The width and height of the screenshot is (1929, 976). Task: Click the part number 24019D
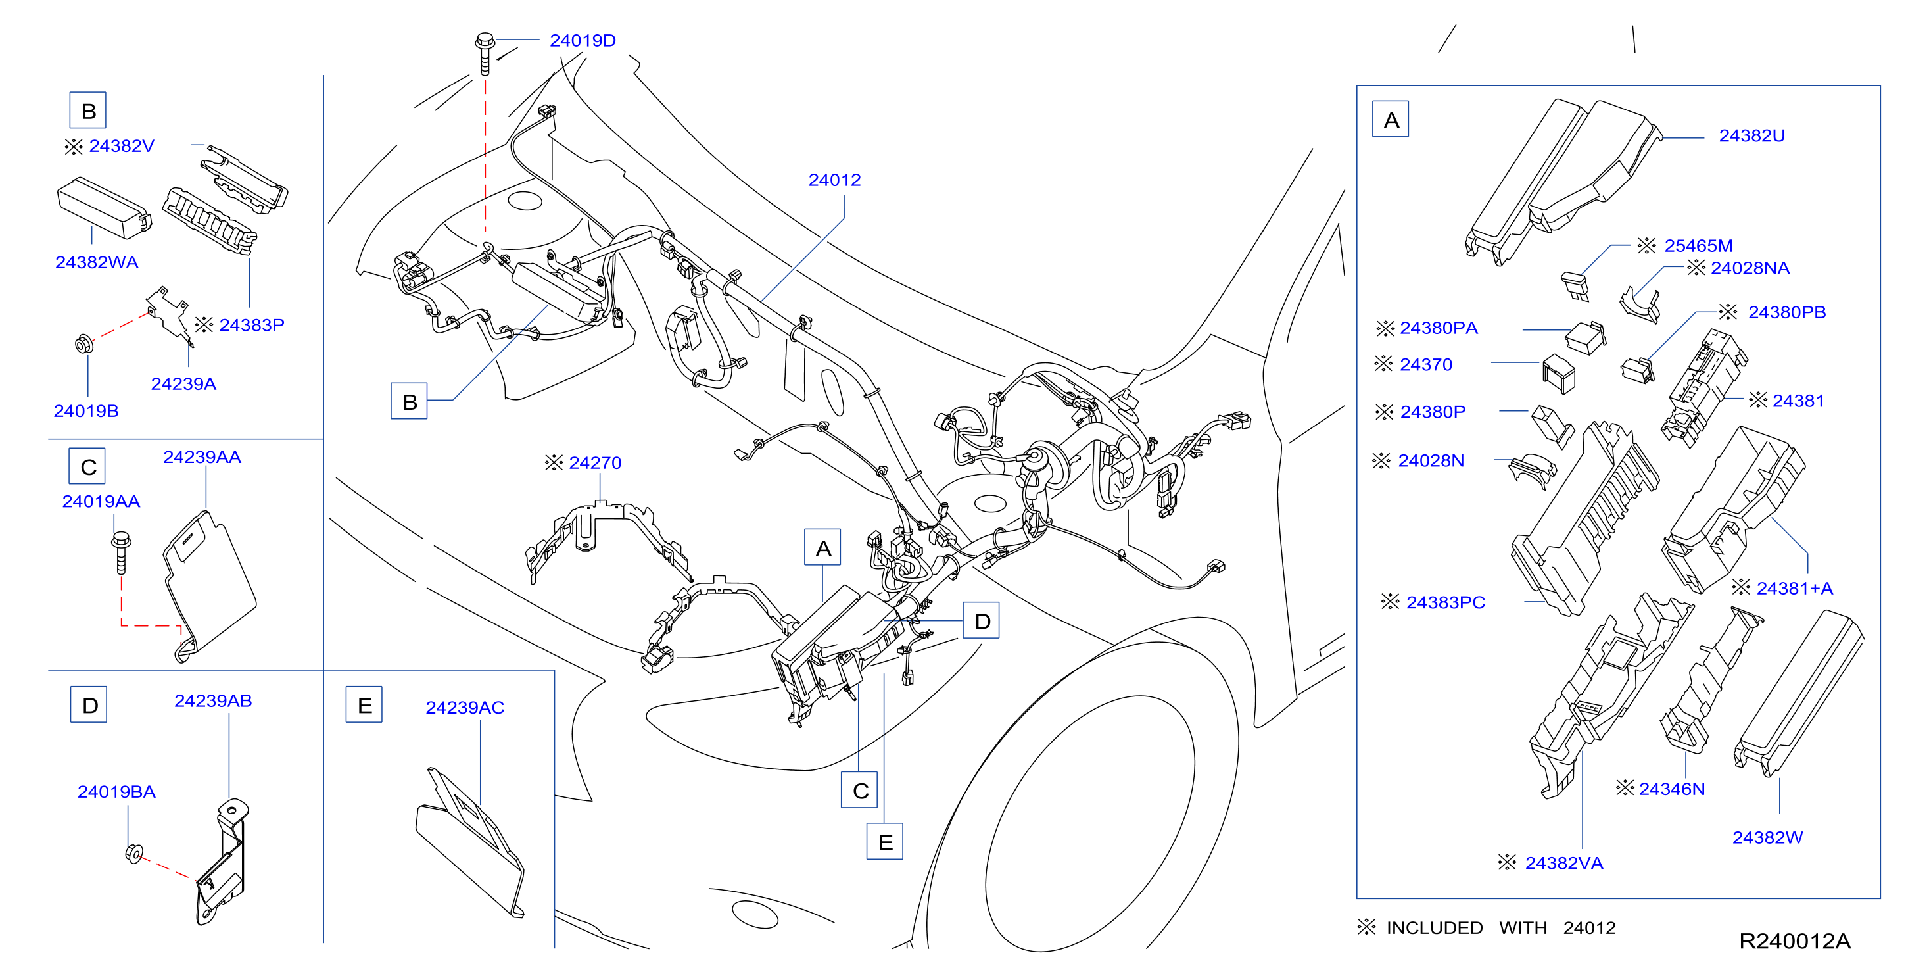(583, 41)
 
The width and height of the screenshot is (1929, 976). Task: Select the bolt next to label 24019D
(485, 53)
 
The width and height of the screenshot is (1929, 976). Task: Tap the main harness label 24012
(834, 180)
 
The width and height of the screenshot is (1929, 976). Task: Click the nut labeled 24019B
(84, 344)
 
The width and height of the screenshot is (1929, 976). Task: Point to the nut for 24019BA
(134, 853)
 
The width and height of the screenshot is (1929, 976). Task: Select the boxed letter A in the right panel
(1390, 119)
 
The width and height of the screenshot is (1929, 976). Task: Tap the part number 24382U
(1751, 135)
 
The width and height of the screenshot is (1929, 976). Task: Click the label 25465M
(1698, 246)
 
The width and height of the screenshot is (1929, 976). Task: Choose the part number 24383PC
(1445, 602)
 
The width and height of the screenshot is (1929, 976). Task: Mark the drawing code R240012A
(1794, 940)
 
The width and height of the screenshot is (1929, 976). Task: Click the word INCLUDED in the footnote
(1434, 927)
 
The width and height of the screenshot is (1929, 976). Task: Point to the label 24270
(594, 463)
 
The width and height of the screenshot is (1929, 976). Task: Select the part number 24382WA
(97, 262)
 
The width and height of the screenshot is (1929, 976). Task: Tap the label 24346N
(1671, 789)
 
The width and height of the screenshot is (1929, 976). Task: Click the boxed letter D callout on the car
(981, 620)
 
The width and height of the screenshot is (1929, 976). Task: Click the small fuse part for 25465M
(1575, 285)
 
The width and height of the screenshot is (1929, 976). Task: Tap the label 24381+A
(1794, 588)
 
